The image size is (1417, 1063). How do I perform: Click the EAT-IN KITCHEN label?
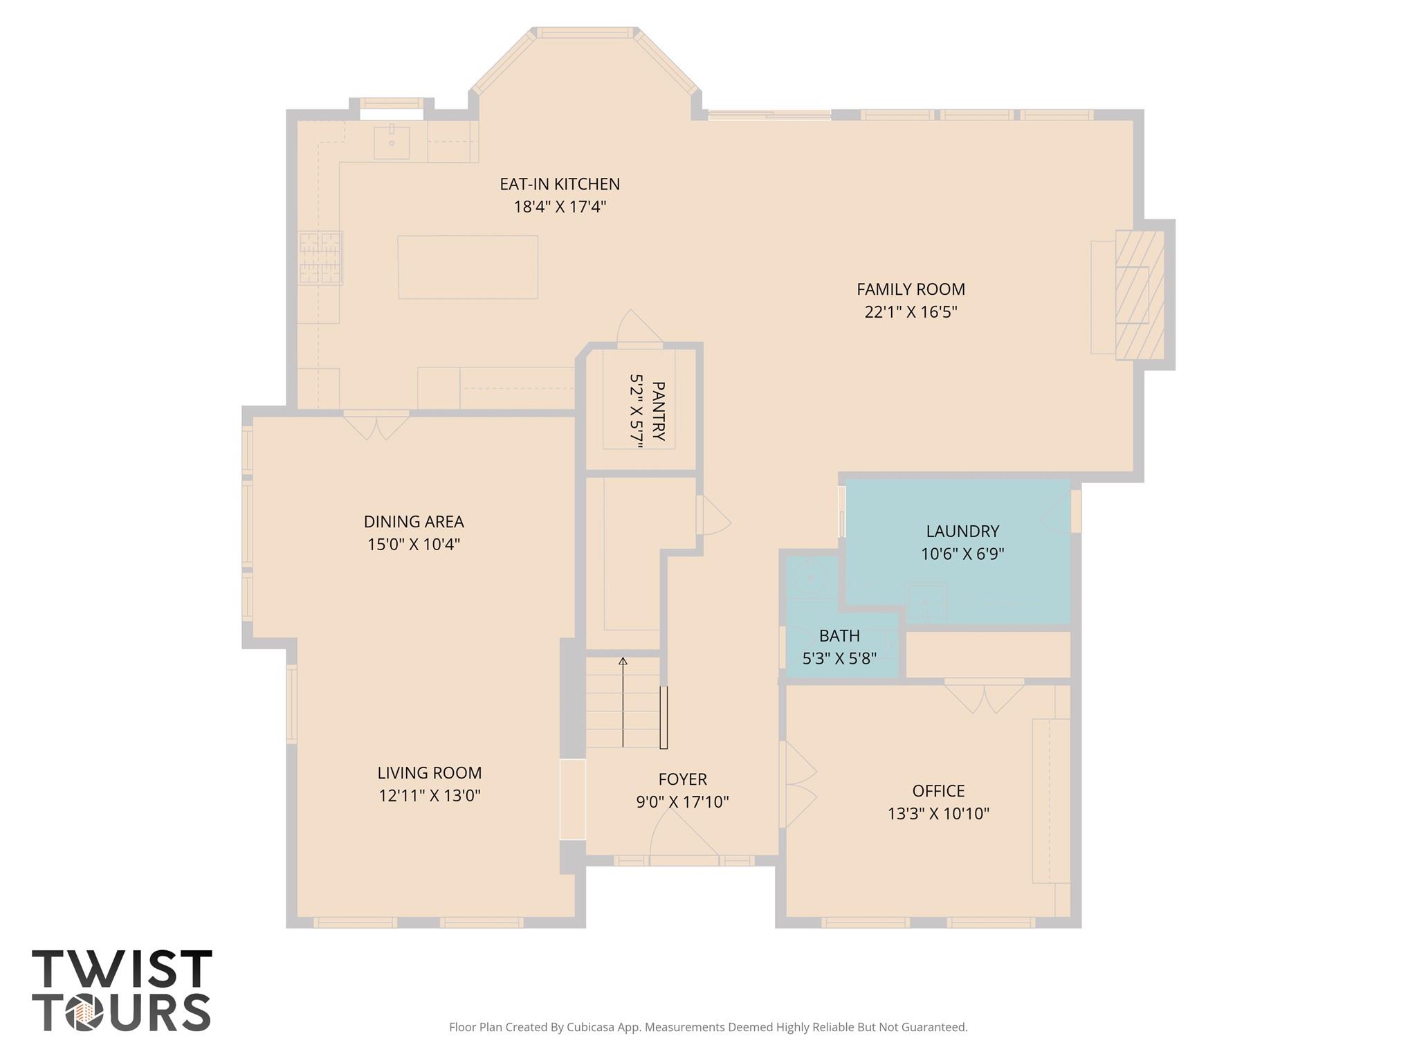pyautogui.click(x=560, y=184)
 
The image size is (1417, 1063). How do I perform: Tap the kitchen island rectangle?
pyautogui.click(x=468, y=267)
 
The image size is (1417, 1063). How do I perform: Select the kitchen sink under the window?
pyautogui.click(x=391, y=143)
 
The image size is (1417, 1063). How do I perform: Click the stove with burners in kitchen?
pyautogui.click(x=320, y=258)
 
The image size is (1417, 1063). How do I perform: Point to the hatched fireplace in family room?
pyautogui.click(x=1139, y=295)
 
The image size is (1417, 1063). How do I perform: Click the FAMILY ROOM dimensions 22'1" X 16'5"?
pyautogui.click(x=911, y=312)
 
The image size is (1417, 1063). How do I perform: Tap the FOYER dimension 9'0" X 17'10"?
pyautogui.click(x=682, y=802)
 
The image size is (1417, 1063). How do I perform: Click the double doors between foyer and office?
pyautogui.click(x=798, y=784)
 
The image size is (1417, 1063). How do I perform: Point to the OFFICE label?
pyautogui.click(x=938, y=791)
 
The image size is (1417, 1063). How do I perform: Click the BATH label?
pyautogui.click(x=839, y=635)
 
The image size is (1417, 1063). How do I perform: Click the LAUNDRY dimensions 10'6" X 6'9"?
pyautogui.click(x=962, y=554)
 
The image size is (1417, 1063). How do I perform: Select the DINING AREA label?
pyautogui.click(x=414, y=522)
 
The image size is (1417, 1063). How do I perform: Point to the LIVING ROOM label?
pyautogui.click(x=429, y=773)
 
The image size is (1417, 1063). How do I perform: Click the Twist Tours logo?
pyautogui.click(x=122, y=990)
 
